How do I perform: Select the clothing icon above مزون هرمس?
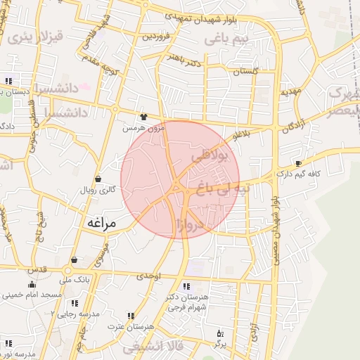[144, 117]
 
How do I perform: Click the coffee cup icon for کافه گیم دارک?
[298, 163]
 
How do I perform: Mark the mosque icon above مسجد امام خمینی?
[31, 285]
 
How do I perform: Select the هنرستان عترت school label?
[121, 327]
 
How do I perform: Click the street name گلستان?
[245, 71]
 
